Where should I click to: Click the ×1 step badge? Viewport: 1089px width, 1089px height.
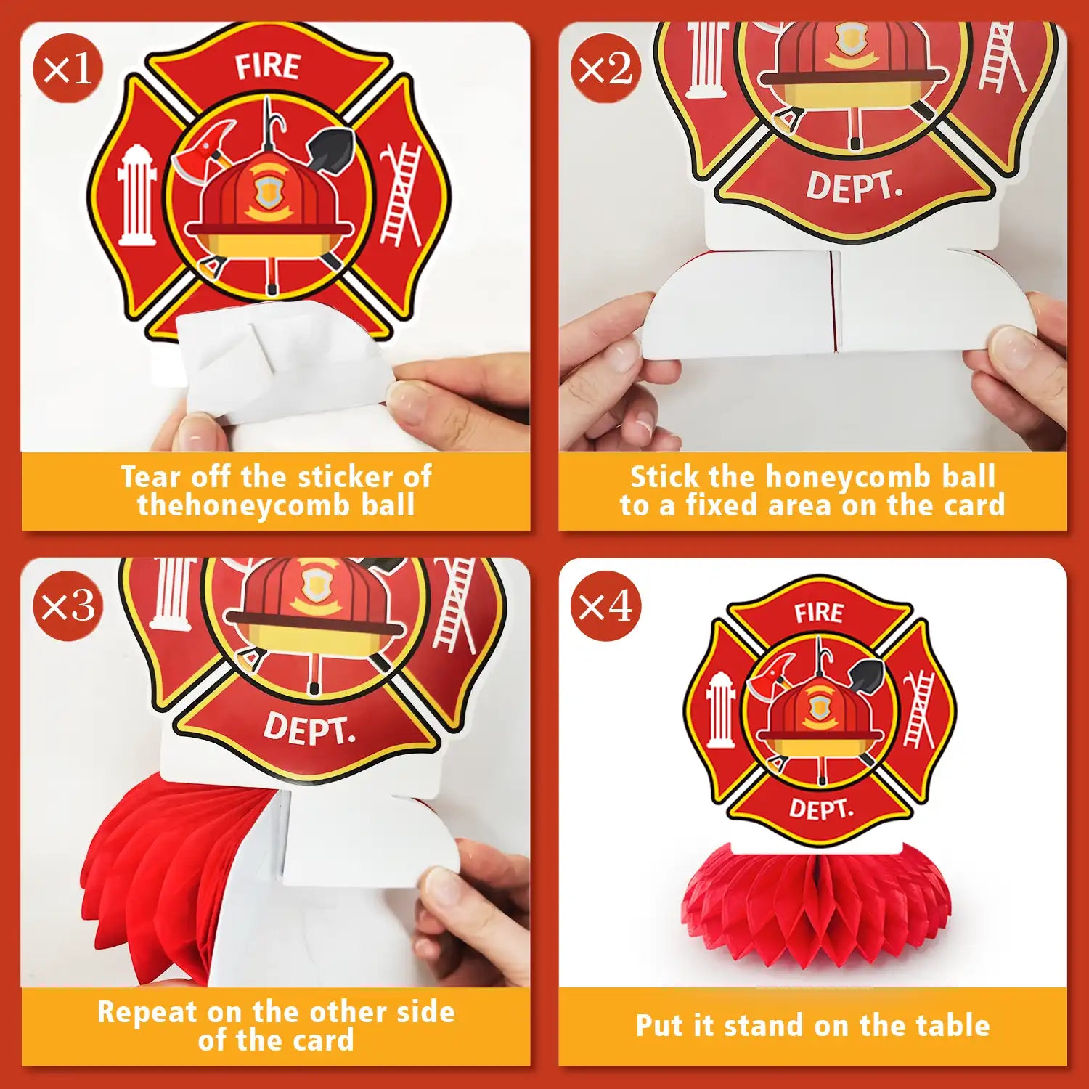coord(68,68)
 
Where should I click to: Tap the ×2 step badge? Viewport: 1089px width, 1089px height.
coord(605,68)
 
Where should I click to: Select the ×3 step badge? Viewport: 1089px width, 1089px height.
coord(68,605)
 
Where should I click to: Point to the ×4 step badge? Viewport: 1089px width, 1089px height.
coord(605,605)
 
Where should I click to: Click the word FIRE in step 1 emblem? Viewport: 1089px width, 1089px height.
coord(267,66)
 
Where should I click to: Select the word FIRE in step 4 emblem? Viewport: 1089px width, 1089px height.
coord(819,613)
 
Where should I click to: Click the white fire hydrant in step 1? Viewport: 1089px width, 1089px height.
coord(136,195)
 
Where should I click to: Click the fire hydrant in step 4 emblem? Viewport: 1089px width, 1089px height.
coord(720,710)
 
